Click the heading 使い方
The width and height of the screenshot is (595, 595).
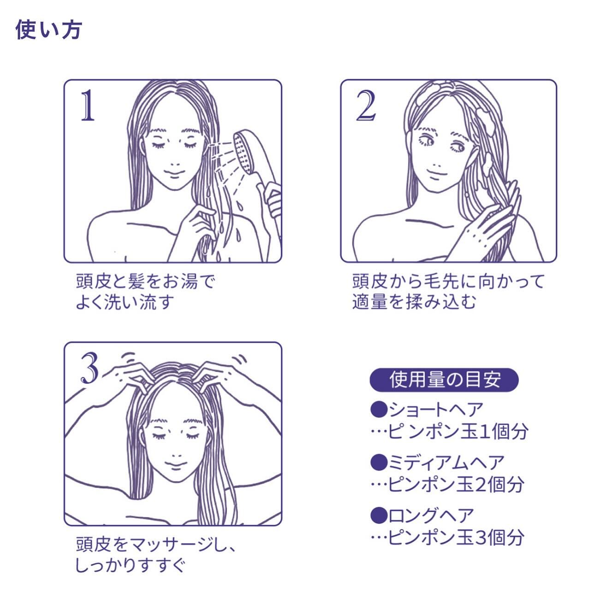[x=48, y=30]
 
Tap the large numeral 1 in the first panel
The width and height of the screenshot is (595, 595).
[x=88, y=105]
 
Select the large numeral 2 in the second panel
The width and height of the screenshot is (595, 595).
[x=366, y=105]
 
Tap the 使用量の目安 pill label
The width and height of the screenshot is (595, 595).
[x=444, y=380]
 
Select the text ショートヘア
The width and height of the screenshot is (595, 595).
[x=436, y=410]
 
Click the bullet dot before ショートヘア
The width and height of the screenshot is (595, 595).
[x=379, y=410]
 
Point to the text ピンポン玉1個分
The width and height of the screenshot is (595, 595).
[x=458, y=431]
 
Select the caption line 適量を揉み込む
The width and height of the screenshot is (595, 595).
[x=414, y=302]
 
